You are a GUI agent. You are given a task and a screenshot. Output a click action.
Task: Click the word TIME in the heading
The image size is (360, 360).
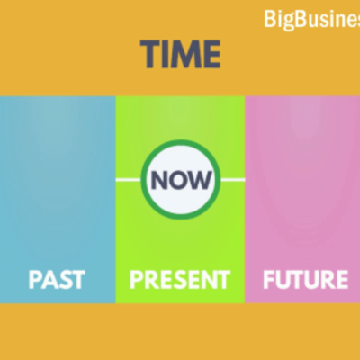180,55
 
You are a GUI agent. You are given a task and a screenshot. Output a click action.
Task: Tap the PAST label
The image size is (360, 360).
56,279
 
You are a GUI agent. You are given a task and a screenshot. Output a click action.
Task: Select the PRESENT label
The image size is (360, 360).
180,279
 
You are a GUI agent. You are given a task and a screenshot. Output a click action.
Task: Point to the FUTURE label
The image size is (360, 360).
304,279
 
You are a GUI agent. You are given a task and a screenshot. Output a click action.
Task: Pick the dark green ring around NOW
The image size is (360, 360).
180,148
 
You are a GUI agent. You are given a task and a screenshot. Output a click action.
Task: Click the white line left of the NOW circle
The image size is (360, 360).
130,180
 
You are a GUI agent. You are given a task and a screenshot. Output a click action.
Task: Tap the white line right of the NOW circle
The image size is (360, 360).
230,180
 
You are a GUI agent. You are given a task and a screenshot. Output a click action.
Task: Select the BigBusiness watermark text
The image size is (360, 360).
311,18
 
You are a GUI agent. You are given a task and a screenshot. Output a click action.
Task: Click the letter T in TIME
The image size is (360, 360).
149,55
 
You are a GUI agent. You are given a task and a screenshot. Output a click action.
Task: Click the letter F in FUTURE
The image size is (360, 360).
268,279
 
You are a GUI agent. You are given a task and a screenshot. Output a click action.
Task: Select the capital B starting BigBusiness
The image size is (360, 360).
270,18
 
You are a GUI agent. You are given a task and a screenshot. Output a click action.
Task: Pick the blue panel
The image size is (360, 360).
58,180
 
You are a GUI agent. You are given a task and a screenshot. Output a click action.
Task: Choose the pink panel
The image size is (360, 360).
302,180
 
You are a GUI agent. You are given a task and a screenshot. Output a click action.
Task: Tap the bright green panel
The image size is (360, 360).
180,234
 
